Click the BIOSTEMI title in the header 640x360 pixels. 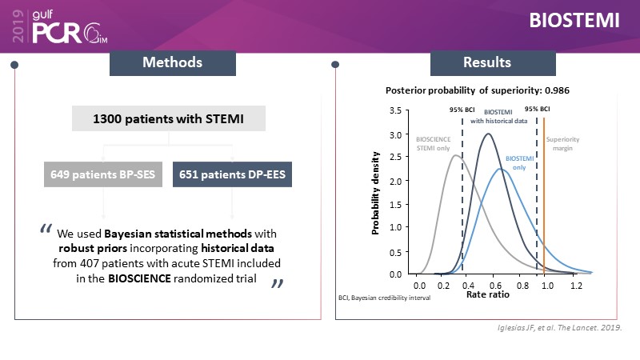pos(574,22)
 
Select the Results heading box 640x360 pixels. pos(487,62)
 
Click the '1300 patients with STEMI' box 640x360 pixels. pos(168,120)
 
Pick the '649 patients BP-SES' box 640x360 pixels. pos(103,175)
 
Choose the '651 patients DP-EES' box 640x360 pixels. pos(232,175)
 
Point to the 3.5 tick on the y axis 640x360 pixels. pos(395,111)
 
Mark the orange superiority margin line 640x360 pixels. pos(544,200)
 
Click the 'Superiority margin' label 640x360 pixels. pos(563,143)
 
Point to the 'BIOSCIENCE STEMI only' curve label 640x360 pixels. pos(432,143)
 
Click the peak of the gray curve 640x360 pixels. pos(455,155)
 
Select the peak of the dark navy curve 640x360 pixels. pos(487,134)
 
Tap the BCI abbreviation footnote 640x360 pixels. pos(384,298)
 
